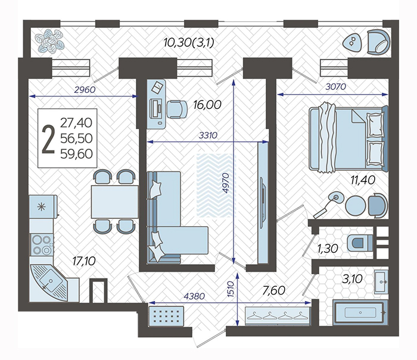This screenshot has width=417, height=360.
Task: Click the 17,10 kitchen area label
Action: (x=84, y=261)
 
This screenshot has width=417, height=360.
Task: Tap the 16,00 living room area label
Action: (x=207, y=105)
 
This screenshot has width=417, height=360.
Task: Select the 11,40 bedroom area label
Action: (x=363, y=180)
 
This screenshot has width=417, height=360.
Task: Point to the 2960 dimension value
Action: (x=85, y=90)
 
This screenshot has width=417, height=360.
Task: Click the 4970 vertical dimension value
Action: (x=226, y=183)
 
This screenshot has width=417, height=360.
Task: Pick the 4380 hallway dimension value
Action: (x=194, y=296)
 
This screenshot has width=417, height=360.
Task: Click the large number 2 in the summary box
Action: (x=49, y=139)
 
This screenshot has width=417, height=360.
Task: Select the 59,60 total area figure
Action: (x=76, y=154)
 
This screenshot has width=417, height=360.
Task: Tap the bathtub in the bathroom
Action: (x=360, y=312)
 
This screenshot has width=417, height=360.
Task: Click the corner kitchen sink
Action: (x=49, y=283)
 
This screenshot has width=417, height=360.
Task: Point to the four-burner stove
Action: (x=42, y=245)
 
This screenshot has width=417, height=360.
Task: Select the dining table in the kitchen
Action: (x=114, y=202)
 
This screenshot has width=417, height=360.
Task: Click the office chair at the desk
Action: (x=177, y=109)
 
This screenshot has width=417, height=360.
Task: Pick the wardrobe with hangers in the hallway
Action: (x=278, y=316)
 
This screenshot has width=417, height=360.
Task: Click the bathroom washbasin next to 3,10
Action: (x=381, y=282)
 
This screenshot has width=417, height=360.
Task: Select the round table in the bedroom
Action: (x=356, y=205)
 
